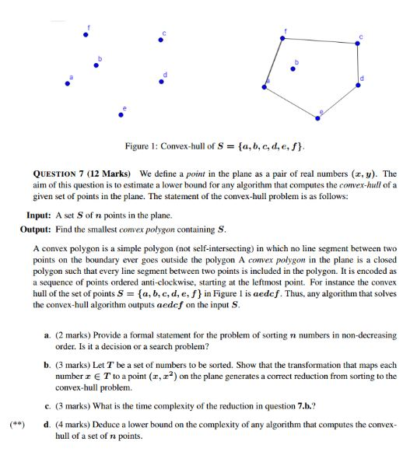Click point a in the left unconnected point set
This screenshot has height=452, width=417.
(68, 85)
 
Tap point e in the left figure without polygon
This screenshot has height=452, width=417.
(119, 115)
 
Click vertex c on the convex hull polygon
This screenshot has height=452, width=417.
(357, 44)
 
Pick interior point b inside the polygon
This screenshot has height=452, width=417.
(293, 69)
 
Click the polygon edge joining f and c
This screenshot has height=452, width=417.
(321, 40)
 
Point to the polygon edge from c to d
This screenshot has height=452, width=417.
(358, 62)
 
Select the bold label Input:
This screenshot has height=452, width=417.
(38, 215)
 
